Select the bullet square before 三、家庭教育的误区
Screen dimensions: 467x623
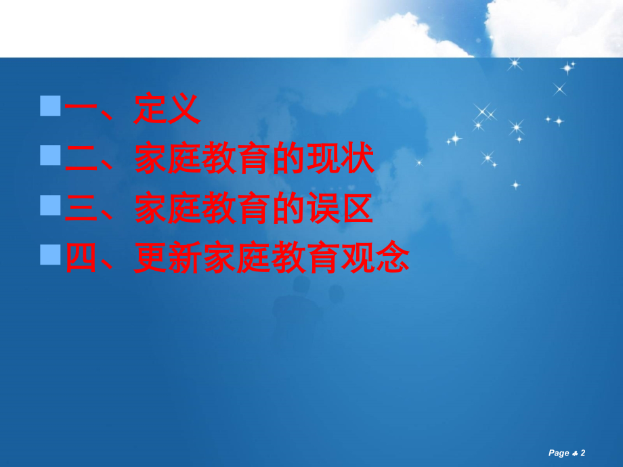[x=50, y=204]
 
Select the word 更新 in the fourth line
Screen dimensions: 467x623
[x=167, y=259]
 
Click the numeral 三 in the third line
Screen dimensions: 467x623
[x=81, y=209]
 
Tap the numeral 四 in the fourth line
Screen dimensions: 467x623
[x=81, y=259]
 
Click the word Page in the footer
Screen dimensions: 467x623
[x=559, y=453]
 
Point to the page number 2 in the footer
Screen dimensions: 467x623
[x=582, y=453]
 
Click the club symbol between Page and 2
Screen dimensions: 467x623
[x=574, y=453]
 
